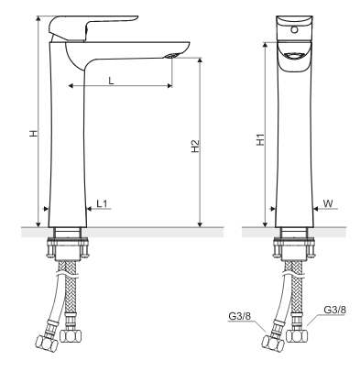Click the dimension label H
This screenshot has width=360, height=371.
(x=34, y=133)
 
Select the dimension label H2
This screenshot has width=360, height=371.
(x=195, y=146)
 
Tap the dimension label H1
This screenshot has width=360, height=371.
(x=260, y=139)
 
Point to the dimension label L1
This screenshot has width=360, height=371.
(x=102, y=203)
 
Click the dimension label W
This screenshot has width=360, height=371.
(x=328, y=203)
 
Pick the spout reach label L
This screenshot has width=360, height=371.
(x=111, y=81)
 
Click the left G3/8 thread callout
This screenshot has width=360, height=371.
(x=239, y=316)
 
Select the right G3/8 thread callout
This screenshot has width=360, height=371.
(x=335, y=310)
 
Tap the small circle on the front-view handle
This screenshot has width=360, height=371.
(x=294, y=29)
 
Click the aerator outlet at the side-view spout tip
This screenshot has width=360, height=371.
(x=171, y=56)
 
